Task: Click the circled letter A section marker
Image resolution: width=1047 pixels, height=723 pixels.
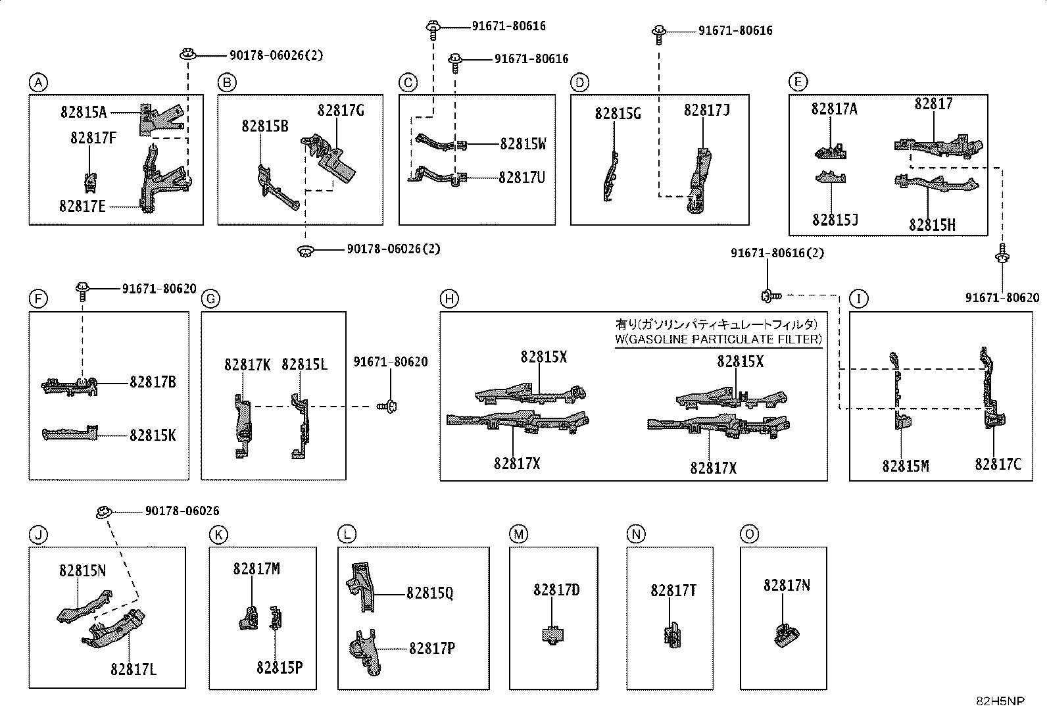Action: (38, 83)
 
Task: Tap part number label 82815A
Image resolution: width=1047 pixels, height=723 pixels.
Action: (84, 112)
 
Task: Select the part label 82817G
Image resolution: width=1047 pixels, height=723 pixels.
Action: (341, 111)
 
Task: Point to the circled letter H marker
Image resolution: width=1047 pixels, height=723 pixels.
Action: (449, 299)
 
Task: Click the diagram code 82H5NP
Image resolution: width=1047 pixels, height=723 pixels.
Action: (1000, 701)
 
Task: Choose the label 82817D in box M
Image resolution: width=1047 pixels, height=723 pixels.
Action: (556, 590)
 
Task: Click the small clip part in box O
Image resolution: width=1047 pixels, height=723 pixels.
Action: (787, 636)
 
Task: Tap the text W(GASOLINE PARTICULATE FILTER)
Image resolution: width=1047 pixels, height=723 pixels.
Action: (718, 339)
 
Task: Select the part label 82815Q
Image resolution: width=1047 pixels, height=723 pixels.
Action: (429, 593)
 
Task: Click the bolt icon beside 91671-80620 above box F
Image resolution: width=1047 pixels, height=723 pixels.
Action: (82, 291)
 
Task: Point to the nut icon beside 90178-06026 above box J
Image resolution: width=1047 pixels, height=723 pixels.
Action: (104, 512)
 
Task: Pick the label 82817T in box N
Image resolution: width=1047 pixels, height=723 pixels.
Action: (673, 591)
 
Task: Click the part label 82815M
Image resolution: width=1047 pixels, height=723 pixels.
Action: (906, 466)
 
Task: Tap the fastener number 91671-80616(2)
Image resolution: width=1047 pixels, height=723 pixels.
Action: (777, 253)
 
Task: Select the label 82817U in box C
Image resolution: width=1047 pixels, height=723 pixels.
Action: (522, 178)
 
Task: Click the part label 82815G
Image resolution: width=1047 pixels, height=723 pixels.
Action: (618, 114)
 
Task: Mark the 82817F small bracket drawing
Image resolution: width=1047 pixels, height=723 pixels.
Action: (91, 182)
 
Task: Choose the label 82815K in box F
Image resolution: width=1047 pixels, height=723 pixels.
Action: (153, 436)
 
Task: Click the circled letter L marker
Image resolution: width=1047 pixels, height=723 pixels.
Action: (347, 534)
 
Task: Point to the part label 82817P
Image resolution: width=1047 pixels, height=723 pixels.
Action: (432, 648)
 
